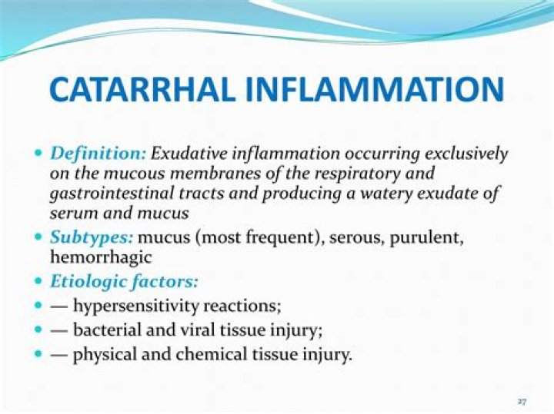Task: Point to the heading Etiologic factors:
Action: pyautogui.click(x=124, y=281)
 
